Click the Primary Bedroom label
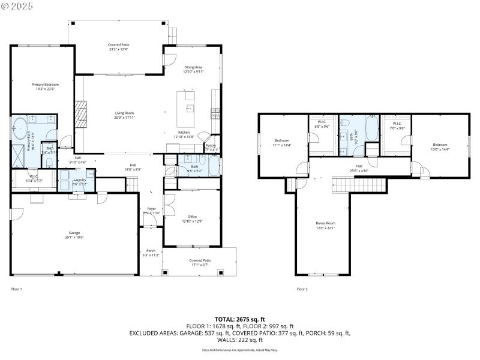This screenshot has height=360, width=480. click(x=45, y=86)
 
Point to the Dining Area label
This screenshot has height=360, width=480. click(x=193, y=69)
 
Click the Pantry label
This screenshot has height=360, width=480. click(x=211, y=146)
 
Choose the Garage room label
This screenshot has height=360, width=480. click(x=74, y=235)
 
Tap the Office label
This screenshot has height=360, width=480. click(x=192, y=218)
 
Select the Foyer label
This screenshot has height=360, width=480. click(x=151, y=210)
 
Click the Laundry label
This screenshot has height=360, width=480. click(x=80, y=181)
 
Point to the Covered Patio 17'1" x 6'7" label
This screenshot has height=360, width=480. click(x=199, y=262)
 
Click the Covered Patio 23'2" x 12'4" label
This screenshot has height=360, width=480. click(x=118, y=47)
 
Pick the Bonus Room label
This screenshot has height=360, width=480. click(x=325, y=225)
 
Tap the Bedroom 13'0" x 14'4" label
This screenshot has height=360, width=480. click(x=440, y=146)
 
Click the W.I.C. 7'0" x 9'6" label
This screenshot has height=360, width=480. click(x=397, y=125)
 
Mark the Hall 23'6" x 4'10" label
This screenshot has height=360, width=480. click(x=359, y=167)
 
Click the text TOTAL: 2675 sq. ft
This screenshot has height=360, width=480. click(x=239, y=319)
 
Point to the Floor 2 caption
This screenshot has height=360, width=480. click(x=302, y=289)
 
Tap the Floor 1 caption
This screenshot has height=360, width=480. click(x=17, y=289)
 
